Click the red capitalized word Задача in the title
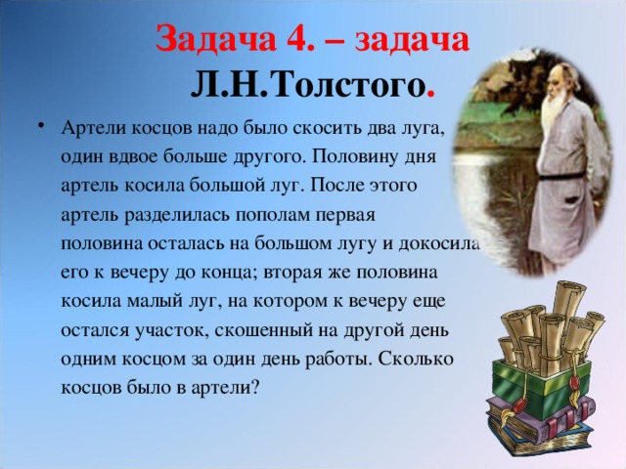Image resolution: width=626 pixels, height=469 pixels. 215,39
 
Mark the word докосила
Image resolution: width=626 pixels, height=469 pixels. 439,244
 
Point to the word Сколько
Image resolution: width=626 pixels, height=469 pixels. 416,360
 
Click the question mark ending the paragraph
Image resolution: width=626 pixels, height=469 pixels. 255,387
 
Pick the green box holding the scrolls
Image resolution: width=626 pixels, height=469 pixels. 541,382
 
